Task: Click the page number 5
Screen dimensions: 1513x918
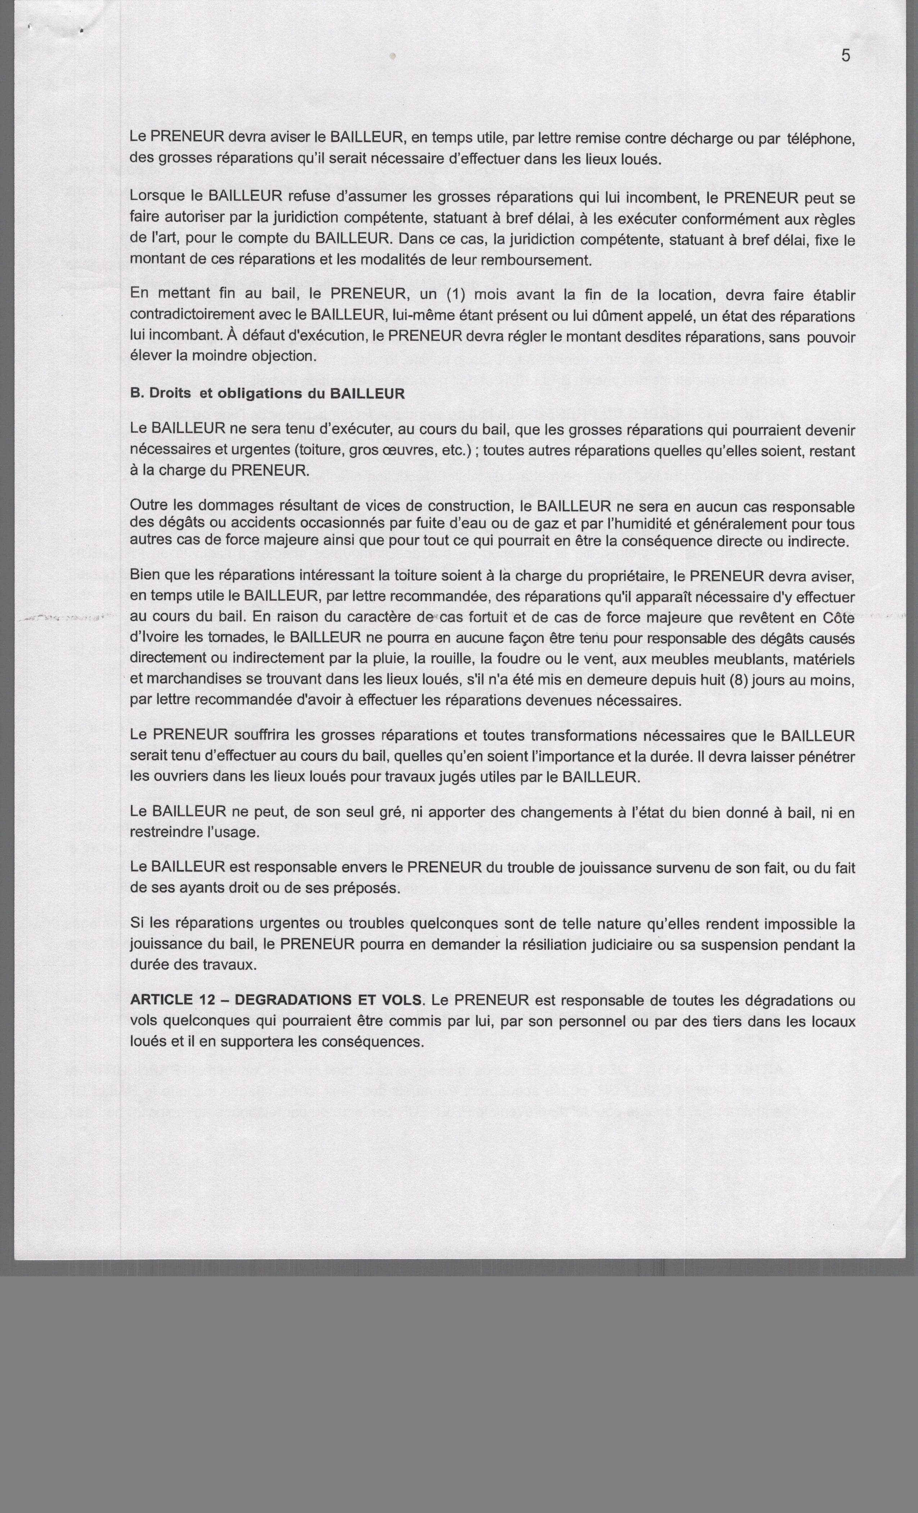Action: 846,56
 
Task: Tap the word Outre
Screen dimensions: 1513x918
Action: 147,506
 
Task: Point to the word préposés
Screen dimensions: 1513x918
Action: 364,888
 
